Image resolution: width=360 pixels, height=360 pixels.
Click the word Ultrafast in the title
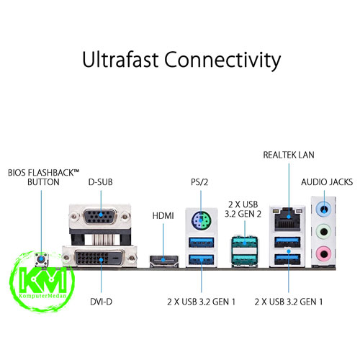click(x=120, y=59)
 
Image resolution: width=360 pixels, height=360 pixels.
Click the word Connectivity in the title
click(x=222, y=60)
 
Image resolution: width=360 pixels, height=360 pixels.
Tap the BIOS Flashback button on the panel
click(x=42, y=260)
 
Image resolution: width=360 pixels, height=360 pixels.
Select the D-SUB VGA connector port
click(x=100, y=216)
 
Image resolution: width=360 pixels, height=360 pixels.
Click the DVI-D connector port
click(x=99, y=258)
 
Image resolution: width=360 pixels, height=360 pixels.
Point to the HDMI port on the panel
click(x=164, y=261)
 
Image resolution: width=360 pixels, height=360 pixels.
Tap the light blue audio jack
click(x=324, y=209)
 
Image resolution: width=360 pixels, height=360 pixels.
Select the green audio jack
click(x=324, y=231)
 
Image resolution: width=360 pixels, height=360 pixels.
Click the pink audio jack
click(x=324, y=253)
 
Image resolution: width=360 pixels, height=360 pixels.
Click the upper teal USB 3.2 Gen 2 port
click(x=244, y=243)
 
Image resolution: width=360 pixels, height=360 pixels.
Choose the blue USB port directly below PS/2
click(x=201, y=243)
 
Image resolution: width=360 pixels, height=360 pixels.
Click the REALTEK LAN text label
click(x=289, y=155)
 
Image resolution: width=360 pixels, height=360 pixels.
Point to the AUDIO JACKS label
click(x=327, y=182)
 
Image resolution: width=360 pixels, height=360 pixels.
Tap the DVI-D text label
click(x=101, y=302)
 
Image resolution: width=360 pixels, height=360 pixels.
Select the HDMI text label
click(x=163, y=216)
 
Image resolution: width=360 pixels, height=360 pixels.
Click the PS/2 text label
click(x=199, y=182)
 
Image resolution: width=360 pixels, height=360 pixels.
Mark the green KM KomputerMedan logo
click(x=42, y=282)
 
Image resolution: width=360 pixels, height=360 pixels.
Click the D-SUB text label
click(x=101, y=182)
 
